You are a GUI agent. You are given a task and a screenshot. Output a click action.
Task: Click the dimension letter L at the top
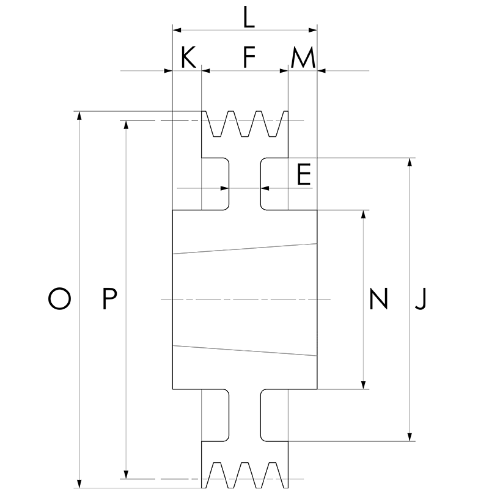[249, 18]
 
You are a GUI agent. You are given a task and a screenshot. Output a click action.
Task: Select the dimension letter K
[189, 57]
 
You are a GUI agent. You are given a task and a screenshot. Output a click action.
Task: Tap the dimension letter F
[249, 57]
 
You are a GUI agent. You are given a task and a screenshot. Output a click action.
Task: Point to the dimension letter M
[303, 57]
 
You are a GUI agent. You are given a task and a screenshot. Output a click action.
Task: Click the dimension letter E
[304, 174]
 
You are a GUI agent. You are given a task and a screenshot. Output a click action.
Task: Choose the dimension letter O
[59, 298]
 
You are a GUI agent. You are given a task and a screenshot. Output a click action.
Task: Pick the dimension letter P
[109, 298]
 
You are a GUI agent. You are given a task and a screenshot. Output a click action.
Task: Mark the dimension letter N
[378, 298]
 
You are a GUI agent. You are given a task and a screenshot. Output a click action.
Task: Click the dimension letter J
[421, 299]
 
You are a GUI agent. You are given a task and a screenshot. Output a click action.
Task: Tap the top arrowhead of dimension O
[79, 116]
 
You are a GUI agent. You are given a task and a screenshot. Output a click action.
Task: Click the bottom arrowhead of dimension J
[410, 437]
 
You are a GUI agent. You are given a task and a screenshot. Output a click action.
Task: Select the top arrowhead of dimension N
[363, 215]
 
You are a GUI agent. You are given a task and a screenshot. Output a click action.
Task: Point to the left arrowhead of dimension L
[177, 30]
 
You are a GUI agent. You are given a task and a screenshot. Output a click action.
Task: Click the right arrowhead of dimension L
[313, 30]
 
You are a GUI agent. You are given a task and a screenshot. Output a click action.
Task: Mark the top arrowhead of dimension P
[126, 125]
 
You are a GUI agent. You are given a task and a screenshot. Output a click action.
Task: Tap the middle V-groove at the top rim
[245, 124]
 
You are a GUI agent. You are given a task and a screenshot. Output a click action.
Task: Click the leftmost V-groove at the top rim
[217, 124]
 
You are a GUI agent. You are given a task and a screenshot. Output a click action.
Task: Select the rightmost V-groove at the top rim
[273, 124]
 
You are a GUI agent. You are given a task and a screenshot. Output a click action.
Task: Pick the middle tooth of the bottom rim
[245, 475]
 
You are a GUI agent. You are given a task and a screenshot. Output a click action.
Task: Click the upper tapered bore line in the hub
[245, 249]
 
